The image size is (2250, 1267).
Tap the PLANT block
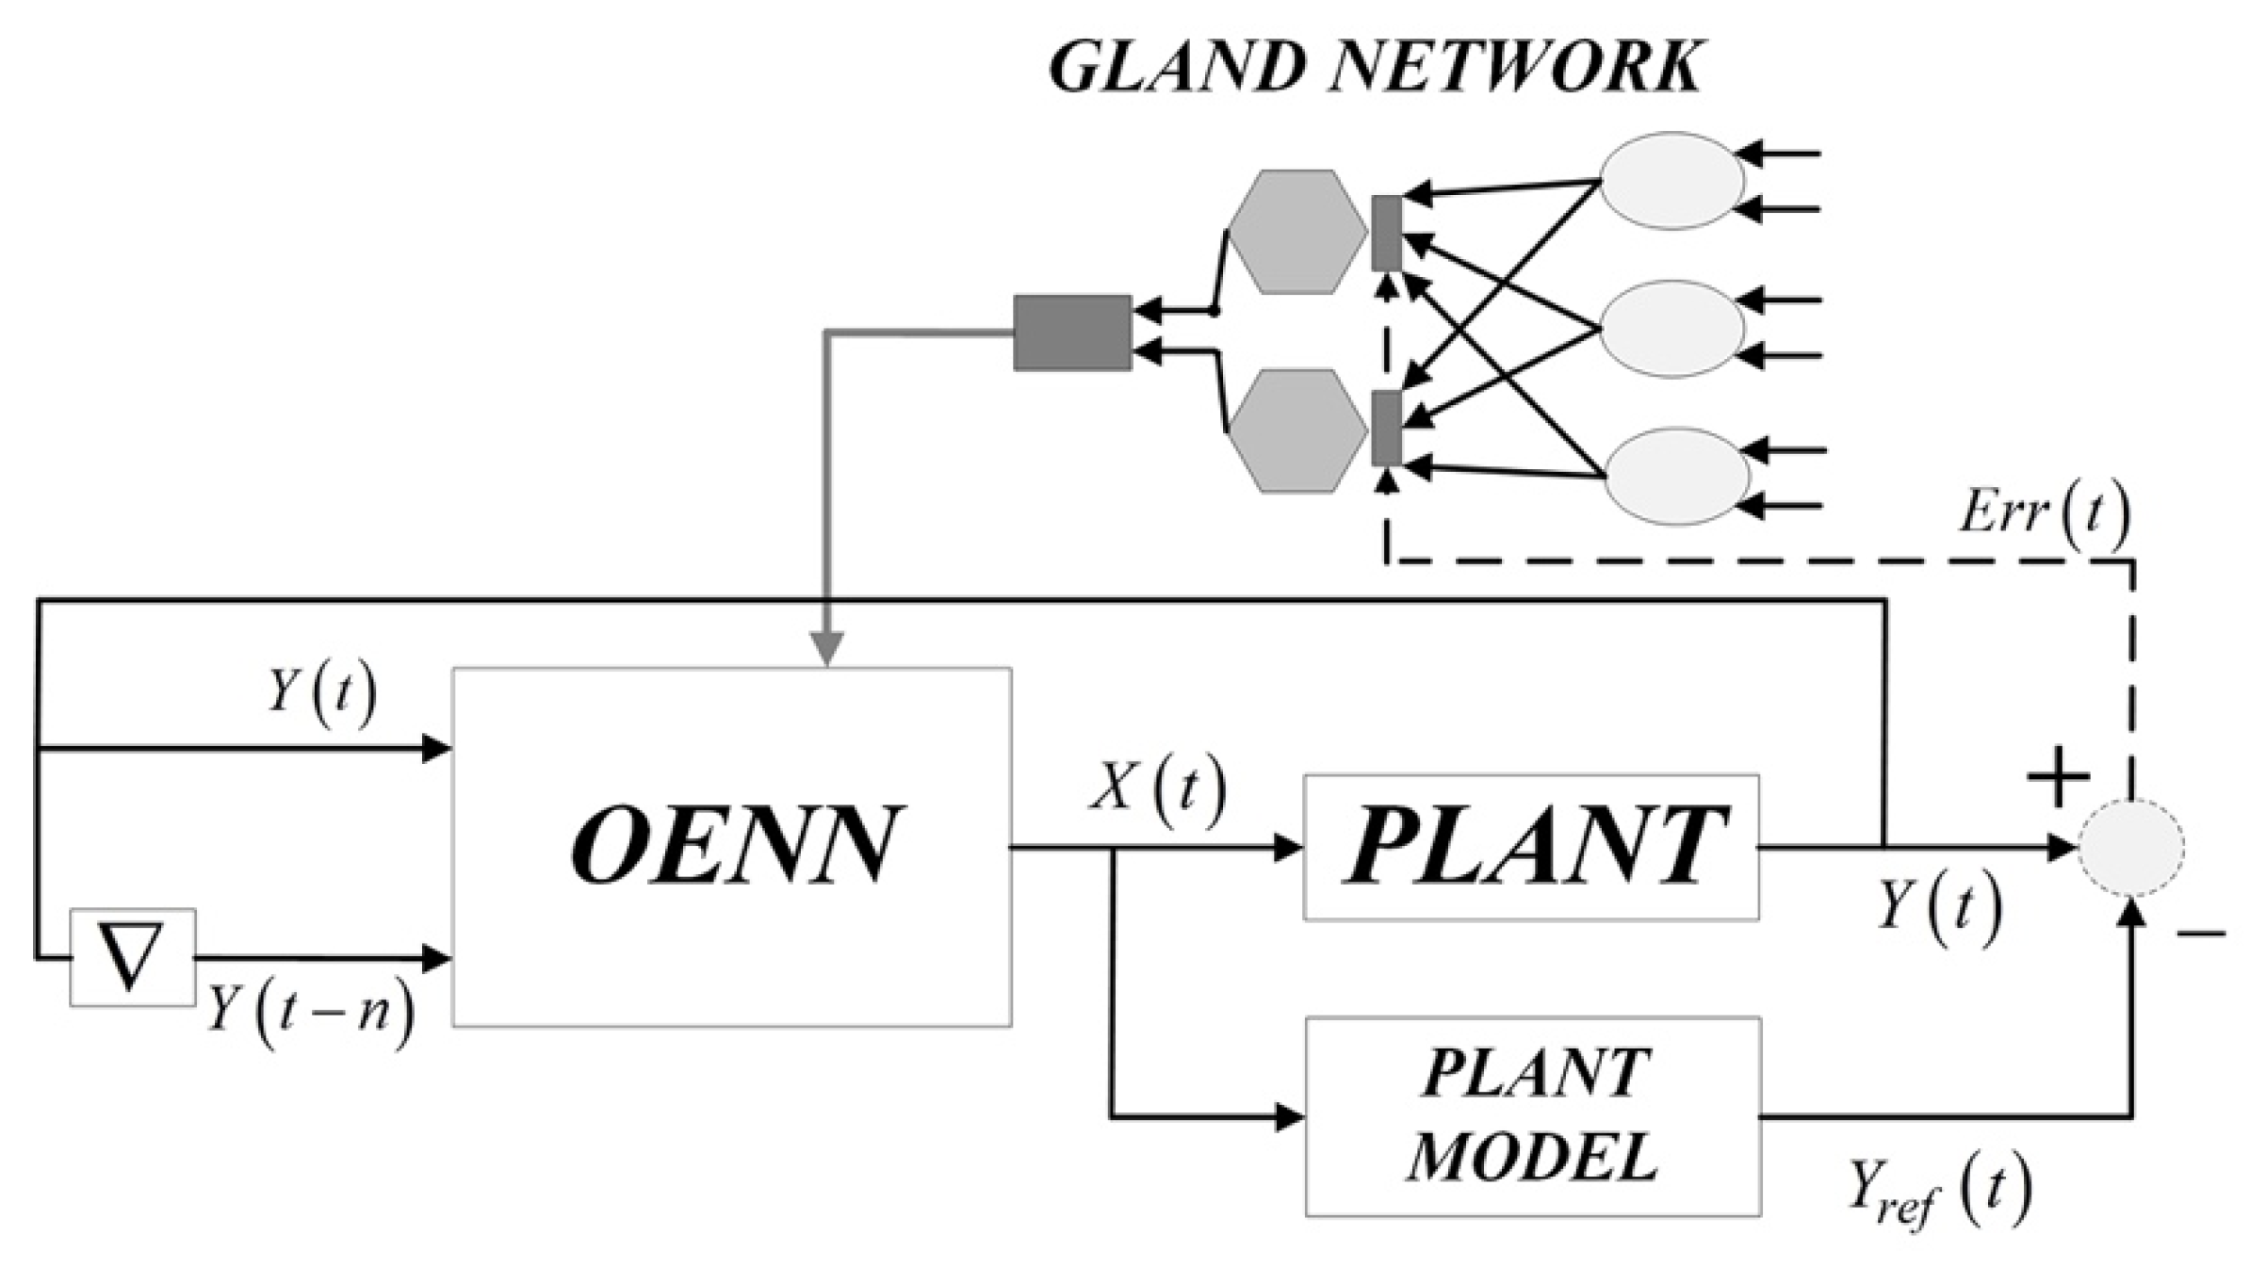coord(1531,846)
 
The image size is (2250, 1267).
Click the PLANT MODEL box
coord(1533,1116)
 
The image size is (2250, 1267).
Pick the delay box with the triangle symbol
coord(132,956)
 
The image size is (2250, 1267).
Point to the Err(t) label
coord(2043,513)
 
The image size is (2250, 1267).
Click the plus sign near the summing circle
coord(2058,778)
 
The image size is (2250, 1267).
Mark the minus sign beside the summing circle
coord(2200,934)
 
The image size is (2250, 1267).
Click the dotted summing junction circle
coord(2131,847)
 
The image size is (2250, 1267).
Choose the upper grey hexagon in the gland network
coord(1297,231)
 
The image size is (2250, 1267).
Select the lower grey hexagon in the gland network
coord(1297,430)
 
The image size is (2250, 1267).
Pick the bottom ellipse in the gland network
coord(1676,477)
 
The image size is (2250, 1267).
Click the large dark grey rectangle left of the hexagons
coord(1072,333)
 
